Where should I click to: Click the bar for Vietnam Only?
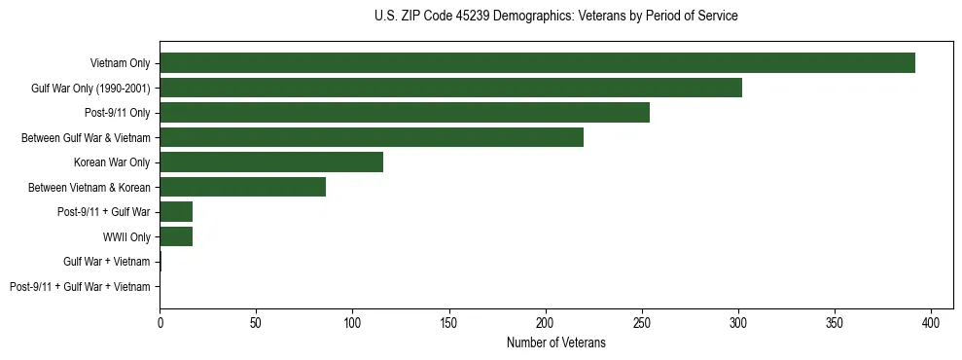tap(537, 63)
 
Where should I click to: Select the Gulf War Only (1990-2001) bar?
tap(450, 88)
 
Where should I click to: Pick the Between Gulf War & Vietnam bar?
tap(372, 137)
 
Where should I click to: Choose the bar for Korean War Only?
tap(271, 162)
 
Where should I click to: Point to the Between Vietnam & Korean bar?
tap(243, 187)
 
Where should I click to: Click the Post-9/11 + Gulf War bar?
tap(176, 212)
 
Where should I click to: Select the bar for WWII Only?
tap(176, 236)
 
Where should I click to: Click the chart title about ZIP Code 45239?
tap(555, 17)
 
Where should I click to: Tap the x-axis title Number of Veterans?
tap(555, 343)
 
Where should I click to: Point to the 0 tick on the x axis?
tap(160, 319)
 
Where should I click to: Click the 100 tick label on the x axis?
tap(352, 319)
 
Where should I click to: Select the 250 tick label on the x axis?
tap(642, 319)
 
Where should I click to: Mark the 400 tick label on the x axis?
tap(932, 319)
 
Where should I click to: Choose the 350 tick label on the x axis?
tap(836, 319)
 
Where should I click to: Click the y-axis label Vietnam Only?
tap(120, 63)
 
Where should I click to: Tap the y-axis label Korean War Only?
tap(112, 162)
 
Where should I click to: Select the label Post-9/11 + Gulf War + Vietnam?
tap(80, 286)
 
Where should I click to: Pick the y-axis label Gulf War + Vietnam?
tap(107, 262)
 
